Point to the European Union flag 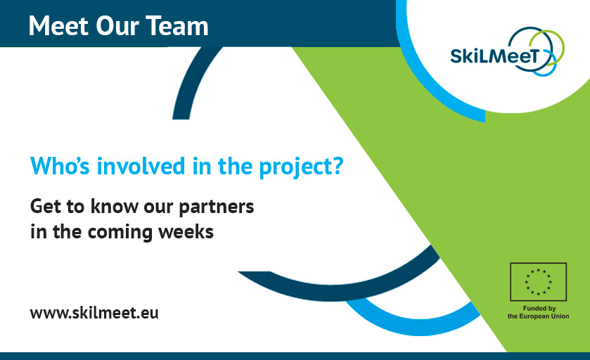point(538,281)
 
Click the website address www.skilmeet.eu point(94,312)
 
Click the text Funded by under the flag point(538,308)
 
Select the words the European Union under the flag point(538,316)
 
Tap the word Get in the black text point(44,207)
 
